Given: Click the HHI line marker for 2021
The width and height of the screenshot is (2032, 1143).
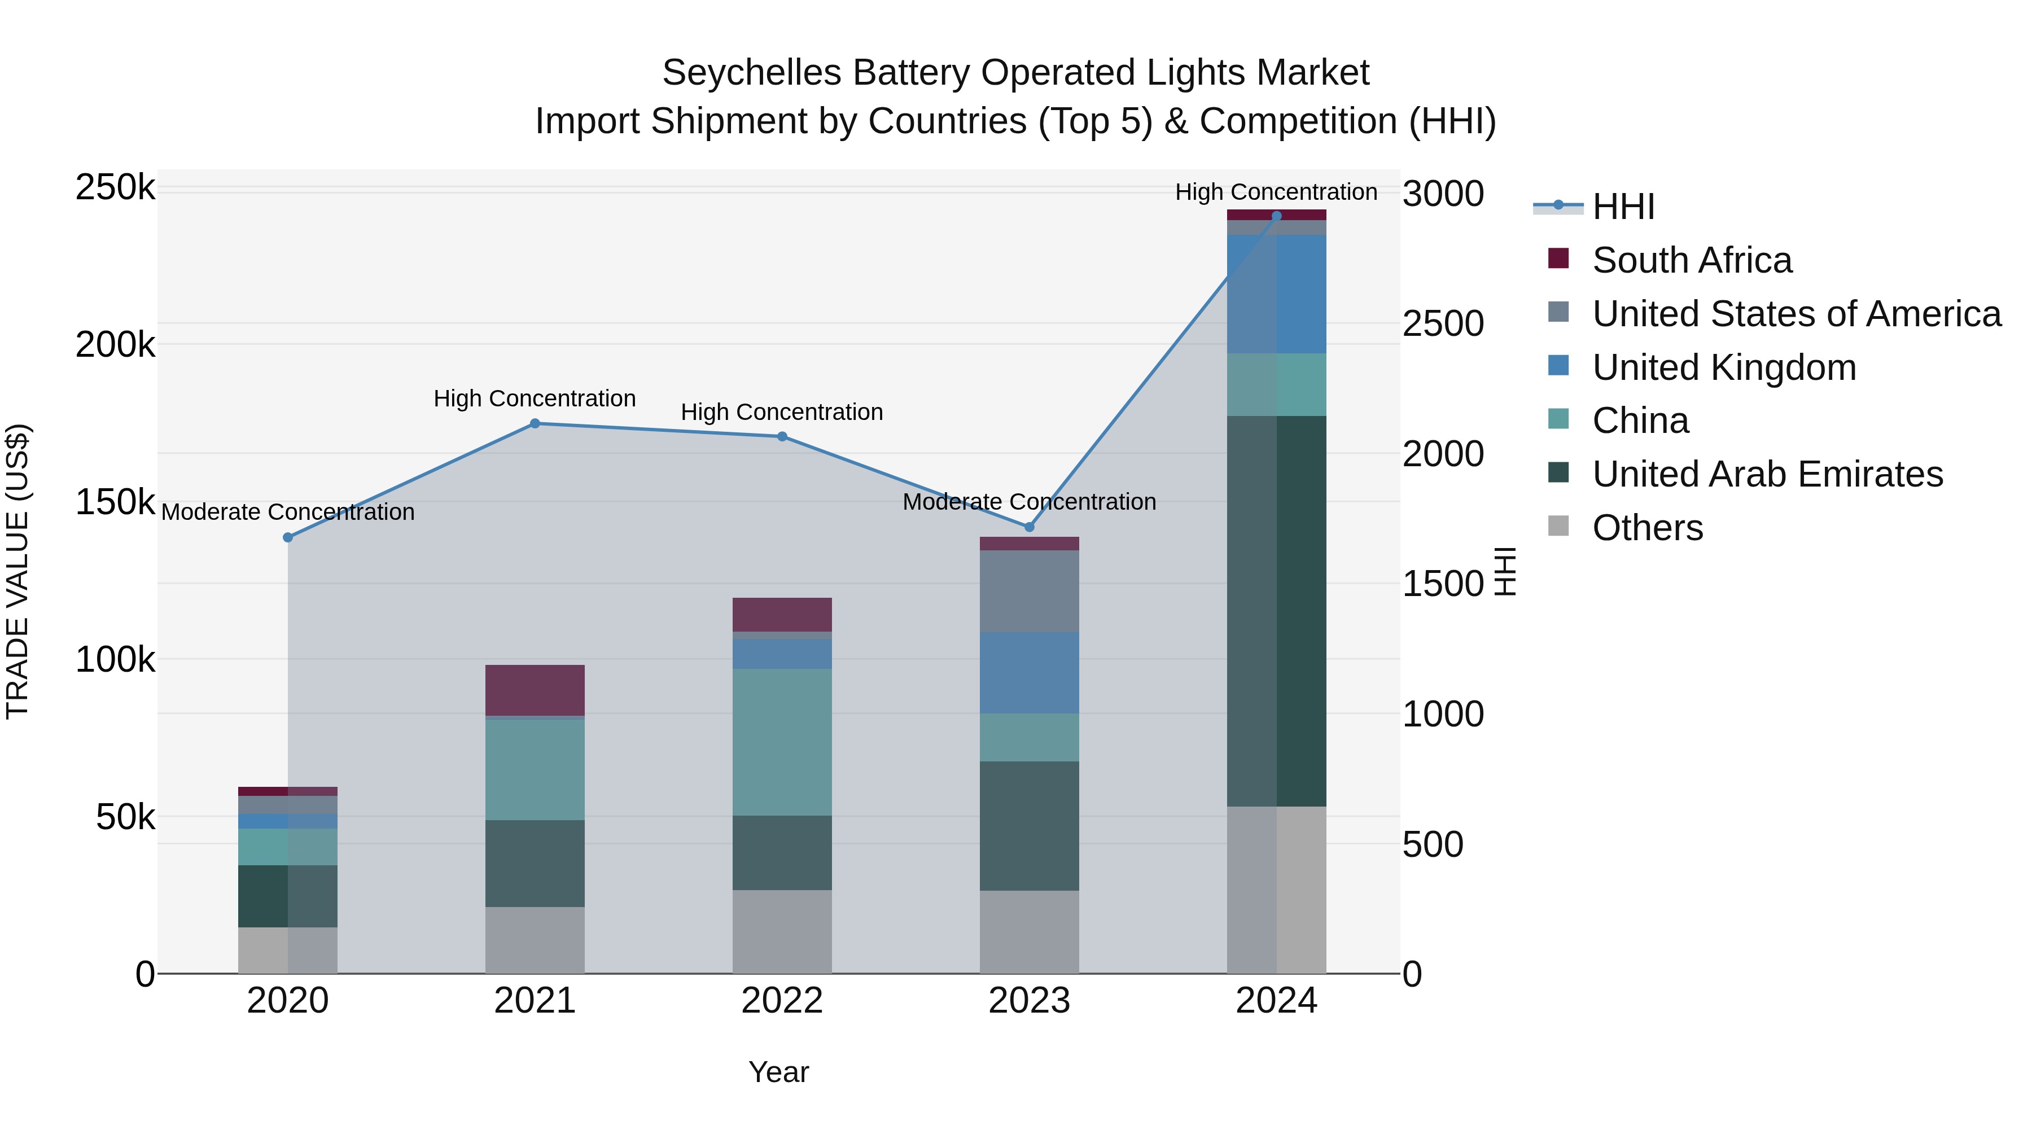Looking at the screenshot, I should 535,423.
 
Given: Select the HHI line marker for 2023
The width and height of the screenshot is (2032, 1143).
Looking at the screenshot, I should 1028,527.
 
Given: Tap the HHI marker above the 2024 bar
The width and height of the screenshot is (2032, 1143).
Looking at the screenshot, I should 1276,216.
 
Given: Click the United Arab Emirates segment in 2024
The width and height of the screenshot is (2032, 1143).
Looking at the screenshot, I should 1276,611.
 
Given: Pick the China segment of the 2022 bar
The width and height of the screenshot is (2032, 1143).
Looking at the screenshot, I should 782,742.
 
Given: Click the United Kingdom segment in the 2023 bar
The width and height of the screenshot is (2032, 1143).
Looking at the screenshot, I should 1028,673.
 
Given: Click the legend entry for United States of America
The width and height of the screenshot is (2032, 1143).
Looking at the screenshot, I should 1796,314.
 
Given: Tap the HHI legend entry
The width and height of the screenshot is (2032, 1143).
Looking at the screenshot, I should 1623,207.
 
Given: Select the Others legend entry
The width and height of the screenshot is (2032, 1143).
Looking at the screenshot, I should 1647,528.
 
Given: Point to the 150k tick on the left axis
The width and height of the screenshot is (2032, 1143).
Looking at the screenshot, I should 115,502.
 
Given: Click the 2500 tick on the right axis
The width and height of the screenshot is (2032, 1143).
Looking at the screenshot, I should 1443,324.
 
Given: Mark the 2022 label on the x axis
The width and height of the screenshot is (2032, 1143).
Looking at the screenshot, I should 782,1001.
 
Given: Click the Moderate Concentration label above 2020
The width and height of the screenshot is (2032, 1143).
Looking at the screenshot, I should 288,512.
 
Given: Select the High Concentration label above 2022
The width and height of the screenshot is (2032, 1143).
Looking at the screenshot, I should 782,412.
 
